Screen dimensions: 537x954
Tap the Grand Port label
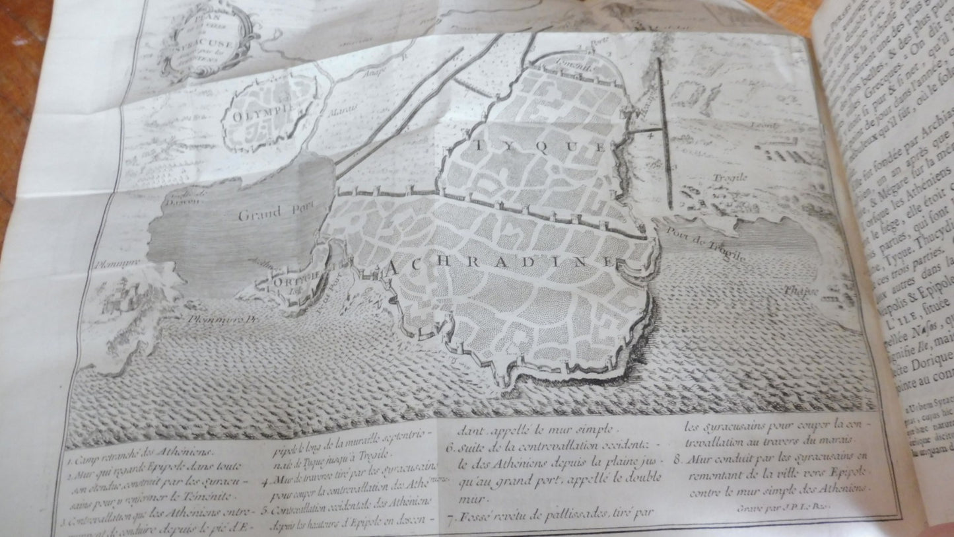(269, 213)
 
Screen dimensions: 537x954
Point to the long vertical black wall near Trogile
(665, 132)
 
